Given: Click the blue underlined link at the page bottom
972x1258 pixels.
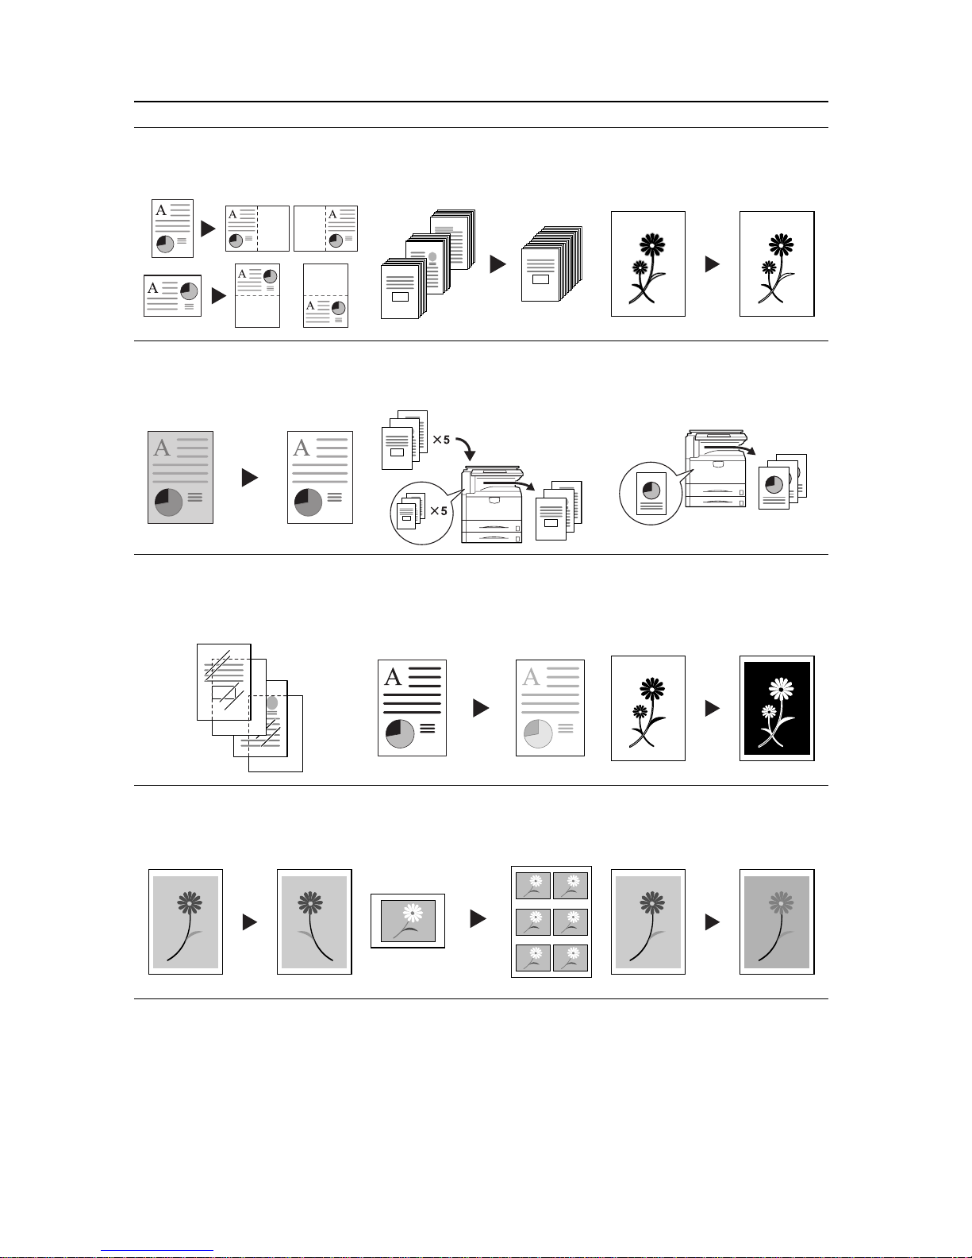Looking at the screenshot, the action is coord(157,1251).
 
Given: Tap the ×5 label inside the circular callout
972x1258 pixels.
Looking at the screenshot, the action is coord(439,511).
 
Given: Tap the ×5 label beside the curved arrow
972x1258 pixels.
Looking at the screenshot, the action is coord(441,440).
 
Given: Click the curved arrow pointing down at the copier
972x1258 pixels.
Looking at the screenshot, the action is coord(467,448).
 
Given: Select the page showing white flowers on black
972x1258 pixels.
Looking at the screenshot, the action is coord(777,708).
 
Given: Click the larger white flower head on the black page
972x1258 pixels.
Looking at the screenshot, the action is coord(781,689).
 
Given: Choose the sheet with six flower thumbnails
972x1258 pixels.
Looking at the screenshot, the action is coord(551,921).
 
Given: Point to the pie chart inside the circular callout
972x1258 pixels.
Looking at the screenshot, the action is coord(651,491).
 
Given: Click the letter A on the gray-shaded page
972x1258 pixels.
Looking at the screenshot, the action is coord(162,448).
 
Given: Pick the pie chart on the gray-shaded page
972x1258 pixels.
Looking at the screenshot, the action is coord(169,502).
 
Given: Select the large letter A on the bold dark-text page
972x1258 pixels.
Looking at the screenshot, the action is coord(393,676).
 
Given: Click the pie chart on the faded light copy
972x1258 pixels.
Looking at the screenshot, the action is coord(538,733).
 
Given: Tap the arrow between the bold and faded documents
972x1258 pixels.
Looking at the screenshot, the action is coord(481,708).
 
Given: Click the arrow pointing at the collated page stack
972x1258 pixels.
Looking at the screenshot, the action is coord(498,264).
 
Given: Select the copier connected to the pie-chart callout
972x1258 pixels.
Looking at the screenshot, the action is coord(717,469).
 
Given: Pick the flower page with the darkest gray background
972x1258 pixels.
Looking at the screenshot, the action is coord(777,921).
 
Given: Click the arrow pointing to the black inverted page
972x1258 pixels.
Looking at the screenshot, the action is coord(713,708).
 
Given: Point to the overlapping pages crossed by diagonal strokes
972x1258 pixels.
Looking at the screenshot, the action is coord(249,707).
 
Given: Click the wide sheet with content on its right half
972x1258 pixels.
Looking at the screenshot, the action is coord(326,229).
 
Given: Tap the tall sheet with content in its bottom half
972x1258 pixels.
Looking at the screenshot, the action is coord(326,296).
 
